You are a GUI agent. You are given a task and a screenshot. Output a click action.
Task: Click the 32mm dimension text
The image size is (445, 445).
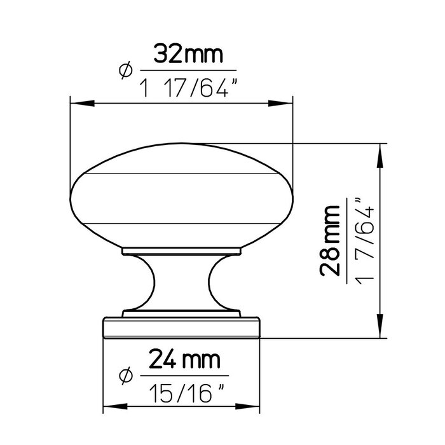tap(188, 55)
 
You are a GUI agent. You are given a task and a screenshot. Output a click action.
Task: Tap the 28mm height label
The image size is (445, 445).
tap(331, 241)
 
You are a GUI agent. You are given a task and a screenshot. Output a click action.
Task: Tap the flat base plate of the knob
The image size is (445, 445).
tap(181, 327)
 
